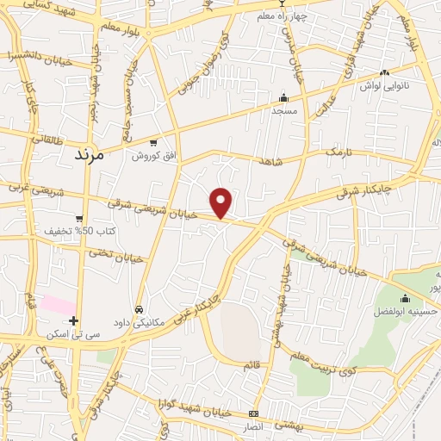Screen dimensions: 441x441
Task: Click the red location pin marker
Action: [x=222, y=202]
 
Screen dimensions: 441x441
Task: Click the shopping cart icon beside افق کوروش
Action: [x=153, y=143]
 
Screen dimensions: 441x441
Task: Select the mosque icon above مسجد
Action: [x=283, y=97]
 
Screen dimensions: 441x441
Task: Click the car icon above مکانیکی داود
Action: [x=139, y=308]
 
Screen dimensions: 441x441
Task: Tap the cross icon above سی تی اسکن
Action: [x=74, y=320]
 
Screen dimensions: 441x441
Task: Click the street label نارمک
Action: [x=338, y=152]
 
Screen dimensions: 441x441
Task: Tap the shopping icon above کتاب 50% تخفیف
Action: [x=79, y=219]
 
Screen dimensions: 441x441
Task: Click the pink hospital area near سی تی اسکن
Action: [x=59, y=305]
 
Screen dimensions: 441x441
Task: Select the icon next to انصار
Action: [x=252, y=413]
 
